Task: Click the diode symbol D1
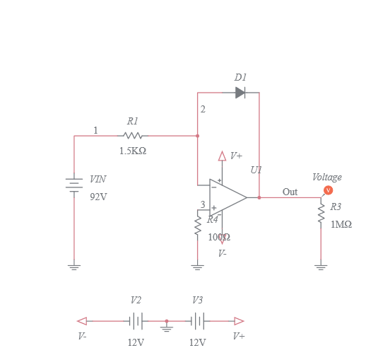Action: (240, 93)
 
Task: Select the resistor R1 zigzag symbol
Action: (133, 135)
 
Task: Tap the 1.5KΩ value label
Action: (133, 151)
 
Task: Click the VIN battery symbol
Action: (74, 185)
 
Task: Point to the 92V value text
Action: (98, 197)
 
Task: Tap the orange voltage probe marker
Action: (328, 190)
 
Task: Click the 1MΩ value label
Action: (341, 224)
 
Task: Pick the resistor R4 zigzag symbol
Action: (198, 226)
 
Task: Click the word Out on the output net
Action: (290, 192)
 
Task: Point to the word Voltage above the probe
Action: (326, 178)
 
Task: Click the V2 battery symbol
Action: (136, 321)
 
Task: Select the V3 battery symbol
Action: (198, 321)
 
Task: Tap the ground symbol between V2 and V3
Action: (167, 327)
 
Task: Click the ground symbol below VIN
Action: (74, 267)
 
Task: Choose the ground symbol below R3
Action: (321, 267)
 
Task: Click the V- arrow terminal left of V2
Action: (83, 321)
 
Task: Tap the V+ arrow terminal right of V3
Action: (239, 321)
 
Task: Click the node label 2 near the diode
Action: (203, 110)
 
